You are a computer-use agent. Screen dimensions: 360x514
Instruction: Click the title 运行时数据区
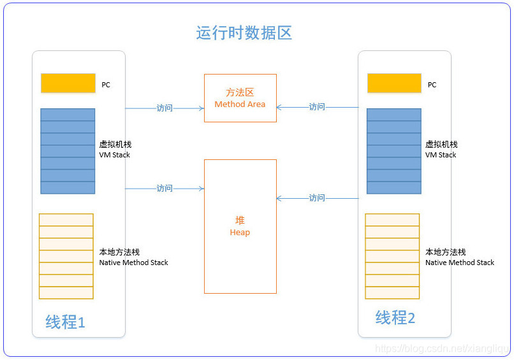pos(244,33)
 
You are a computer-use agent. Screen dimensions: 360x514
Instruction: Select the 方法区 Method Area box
pos(240,97)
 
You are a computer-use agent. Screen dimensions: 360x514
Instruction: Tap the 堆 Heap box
pos(240,226)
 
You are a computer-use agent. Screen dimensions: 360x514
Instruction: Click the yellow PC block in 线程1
pos(68,83)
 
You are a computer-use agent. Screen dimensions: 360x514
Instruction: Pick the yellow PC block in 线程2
pos(394,83)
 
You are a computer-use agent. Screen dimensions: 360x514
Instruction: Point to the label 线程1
pos(65,322)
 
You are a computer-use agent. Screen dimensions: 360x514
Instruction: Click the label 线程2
pos(395,317)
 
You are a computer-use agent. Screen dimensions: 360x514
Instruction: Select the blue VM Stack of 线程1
pos(68,151)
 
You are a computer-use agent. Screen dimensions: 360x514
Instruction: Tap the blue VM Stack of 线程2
pos(394,151)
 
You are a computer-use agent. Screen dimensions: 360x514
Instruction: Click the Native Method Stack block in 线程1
pos(66,256)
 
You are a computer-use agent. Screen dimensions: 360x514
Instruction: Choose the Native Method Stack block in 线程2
pos(392,256)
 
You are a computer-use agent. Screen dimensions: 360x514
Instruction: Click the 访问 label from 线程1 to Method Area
pos(165,108)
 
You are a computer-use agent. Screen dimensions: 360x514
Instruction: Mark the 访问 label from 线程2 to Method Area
pos(317,106)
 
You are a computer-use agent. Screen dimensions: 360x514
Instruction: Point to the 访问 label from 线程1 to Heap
pos(165,188)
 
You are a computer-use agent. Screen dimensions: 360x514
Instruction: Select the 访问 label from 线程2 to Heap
pos(317,198)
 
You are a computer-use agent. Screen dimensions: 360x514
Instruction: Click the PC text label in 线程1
pos(106,85)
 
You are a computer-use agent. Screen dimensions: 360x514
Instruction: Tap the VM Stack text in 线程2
pos(441,155)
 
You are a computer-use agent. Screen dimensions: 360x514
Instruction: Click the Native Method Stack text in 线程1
pos(134,263)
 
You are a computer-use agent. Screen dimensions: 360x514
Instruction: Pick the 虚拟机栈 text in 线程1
pos(115,145)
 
